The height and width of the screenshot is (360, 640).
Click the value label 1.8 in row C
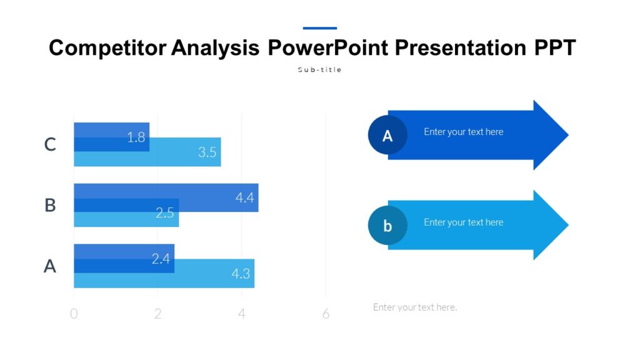tap(136, 137)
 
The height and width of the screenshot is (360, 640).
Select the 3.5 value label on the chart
tap(207, 152)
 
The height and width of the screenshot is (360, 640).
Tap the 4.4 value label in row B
tap(244, 197)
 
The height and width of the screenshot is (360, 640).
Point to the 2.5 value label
tap(165, 213)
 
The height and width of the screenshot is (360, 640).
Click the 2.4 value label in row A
tap(161, 258)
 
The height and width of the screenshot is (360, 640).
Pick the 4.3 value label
tap(241, 274)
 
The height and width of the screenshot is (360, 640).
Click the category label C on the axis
tap(50, 145)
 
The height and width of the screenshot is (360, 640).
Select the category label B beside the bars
tap(50, 205)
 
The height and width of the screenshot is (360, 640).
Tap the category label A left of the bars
tap(50, 266)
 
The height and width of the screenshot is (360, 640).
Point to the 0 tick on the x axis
tap(74, 314)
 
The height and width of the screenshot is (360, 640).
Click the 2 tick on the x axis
tap(157, 314)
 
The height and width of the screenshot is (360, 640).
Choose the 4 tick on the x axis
tap(242, 314)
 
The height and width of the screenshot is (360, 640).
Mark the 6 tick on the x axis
tap(326, 314)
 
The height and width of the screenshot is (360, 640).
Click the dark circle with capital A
tap(387, 135)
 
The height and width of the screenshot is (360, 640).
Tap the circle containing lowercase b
tap(387, 225)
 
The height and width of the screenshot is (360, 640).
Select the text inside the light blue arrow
tap(463, 222)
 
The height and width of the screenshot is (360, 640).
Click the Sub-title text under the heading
tap(319, 70)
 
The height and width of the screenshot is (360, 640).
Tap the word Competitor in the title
tap(107, 47)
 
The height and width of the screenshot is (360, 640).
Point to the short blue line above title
tap(319, 28)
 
